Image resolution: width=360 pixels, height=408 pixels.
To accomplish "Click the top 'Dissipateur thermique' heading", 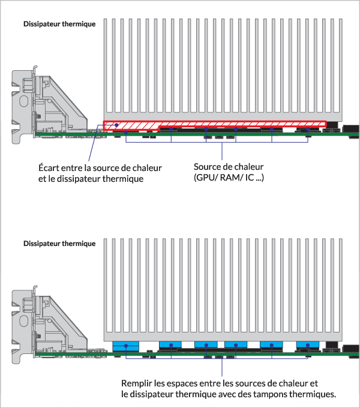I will pos(59,25).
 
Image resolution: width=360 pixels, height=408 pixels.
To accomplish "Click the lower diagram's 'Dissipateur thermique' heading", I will pos(59,244).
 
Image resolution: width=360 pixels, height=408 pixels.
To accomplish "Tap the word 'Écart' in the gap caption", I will pos(50,167).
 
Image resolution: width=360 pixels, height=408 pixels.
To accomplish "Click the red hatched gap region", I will pos(214,125).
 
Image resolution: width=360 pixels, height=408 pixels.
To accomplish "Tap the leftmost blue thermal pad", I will pos(125,346).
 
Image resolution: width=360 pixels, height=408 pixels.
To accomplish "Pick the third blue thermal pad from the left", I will pos(208,346).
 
